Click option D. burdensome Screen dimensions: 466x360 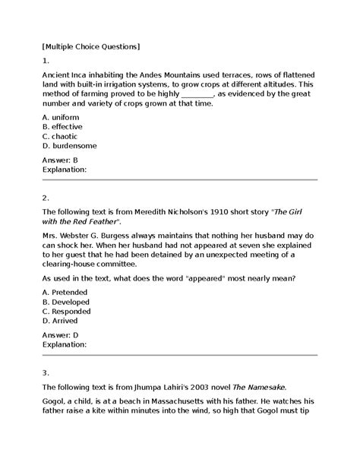coord(70,145)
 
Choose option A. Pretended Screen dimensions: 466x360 coord(65,293)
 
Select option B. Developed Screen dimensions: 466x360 coord(66,302)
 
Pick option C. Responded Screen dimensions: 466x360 coord(67,312)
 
